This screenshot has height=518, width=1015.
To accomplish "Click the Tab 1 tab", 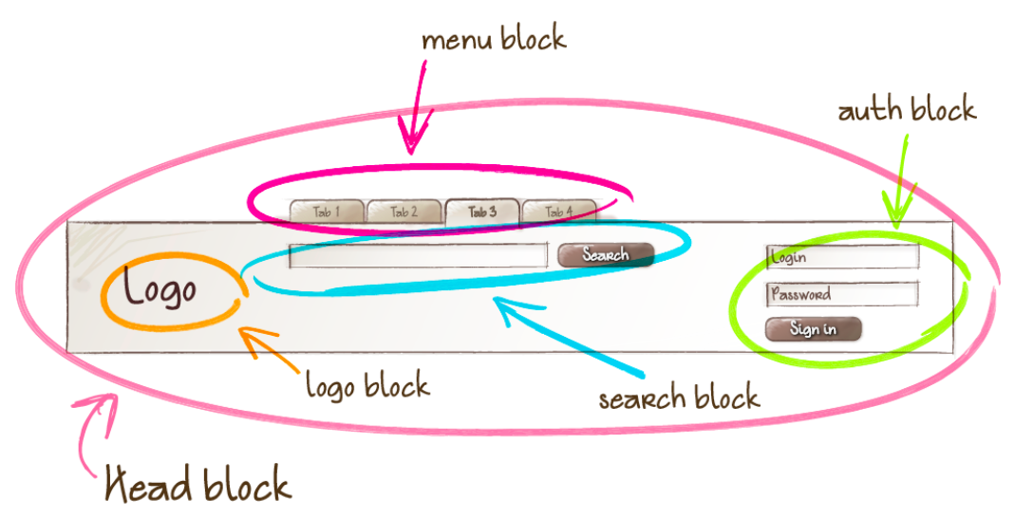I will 327,212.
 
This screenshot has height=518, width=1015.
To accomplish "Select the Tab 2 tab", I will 404,212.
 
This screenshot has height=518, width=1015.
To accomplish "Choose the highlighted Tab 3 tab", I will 482,212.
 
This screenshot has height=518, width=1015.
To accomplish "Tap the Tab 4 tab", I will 558,212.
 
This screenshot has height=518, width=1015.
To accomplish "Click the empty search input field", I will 418,255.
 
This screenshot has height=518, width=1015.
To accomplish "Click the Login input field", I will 842,256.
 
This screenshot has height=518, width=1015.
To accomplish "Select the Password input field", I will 842,294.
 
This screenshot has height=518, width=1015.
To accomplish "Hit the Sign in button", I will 813,329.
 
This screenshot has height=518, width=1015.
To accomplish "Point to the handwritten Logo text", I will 160,289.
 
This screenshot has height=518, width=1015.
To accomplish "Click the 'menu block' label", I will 494,40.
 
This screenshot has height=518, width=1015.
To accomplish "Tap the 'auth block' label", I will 907,111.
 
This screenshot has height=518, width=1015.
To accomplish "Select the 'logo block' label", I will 367,385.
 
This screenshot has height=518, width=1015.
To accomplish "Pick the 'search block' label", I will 679,397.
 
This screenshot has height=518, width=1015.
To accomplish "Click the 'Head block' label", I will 197,486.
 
